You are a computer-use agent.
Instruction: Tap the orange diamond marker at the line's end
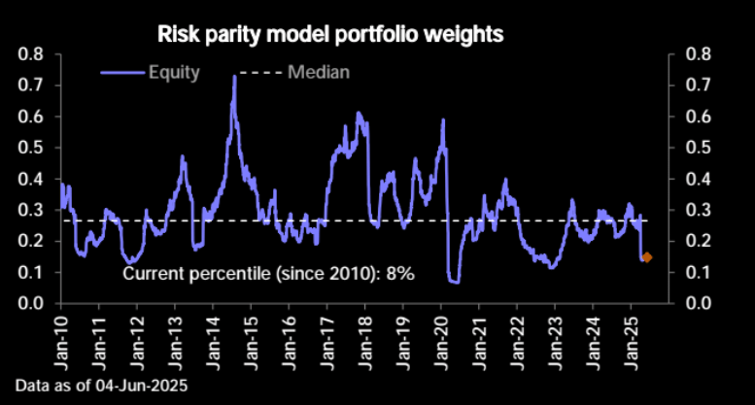point(647,257)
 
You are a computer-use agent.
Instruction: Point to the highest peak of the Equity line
point(235,77)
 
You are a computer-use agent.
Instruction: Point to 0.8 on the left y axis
point(32,54)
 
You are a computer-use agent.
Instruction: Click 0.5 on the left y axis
point(32,148)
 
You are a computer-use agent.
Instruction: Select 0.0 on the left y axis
point(32,303)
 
